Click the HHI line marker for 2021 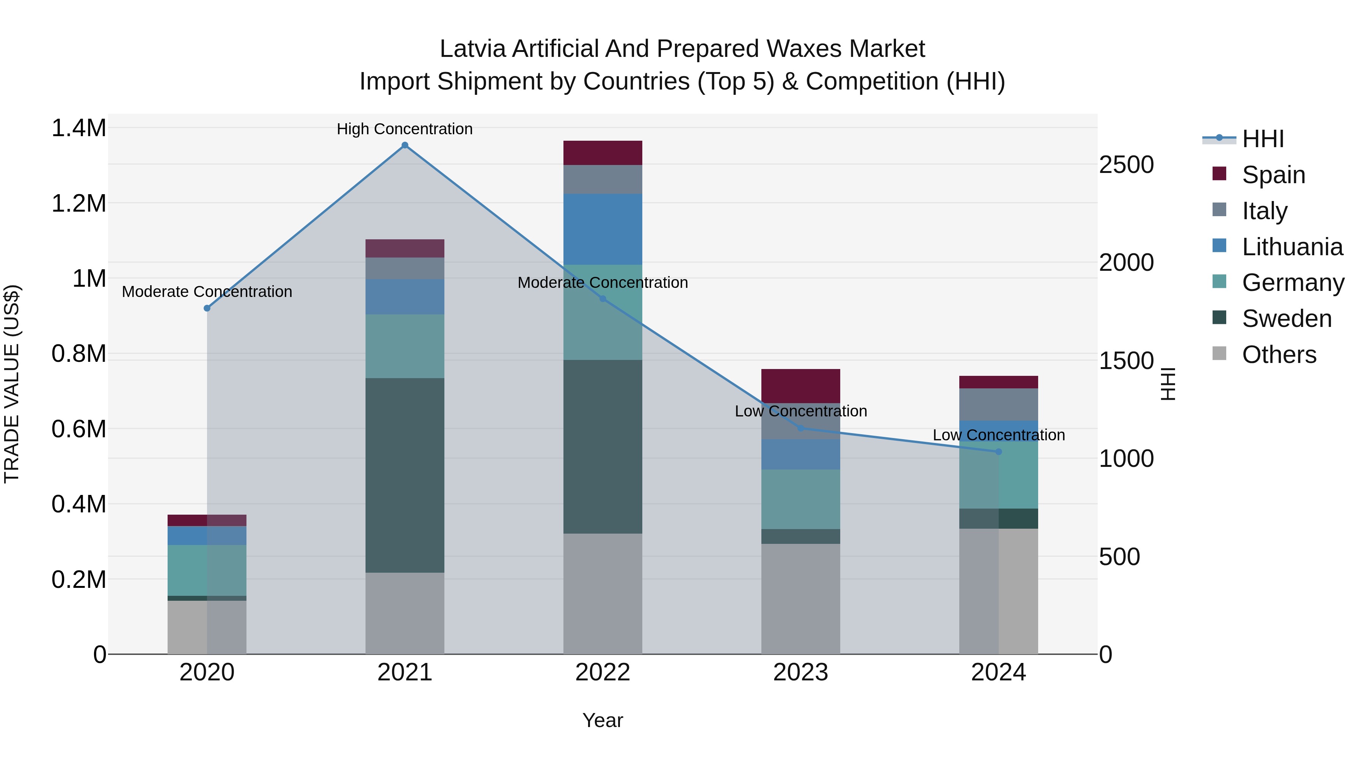pos(405,145)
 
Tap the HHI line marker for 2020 pos(207,308)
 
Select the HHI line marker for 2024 pos(998,452)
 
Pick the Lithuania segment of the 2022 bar pos(602,229)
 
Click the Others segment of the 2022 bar pos(602,594)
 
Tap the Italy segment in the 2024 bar pos(998,404)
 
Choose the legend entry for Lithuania pos(1292,247)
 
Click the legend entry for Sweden pos(1287,319)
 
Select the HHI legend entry pos(1262,139)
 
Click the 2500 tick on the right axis pos(1126,165)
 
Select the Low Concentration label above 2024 pos(998,435)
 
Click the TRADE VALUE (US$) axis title pos(12,384)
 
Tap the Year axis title pos(602,720)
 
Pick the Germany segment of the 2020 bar pos(207,570)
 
